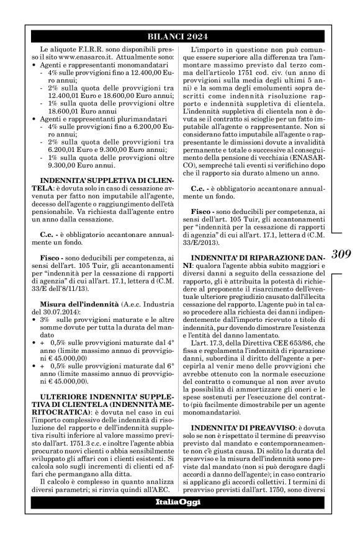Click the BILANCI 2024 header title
(x=179, y=37)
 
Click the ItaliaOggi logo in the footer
(x=179, y=502)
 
